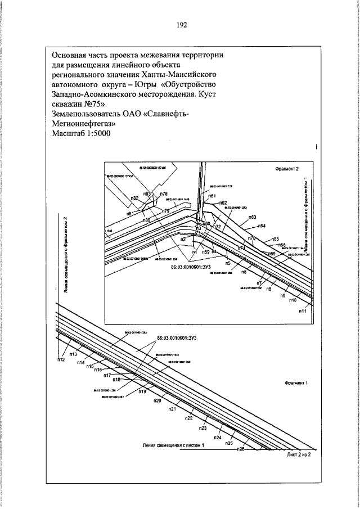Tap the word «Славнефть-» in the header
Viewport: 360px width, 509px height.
[x=169, y=114]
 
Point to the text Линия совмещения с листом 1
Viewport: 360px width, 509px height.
[x=173, y=444]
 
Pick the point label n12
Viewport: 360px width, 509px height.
[x=61, y=360]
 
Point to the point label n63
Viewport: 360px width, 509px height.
[x=252, y=217]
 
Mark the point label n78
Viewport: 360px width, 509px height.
[x=164, y=193]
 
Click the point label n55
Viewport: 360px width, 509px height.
[x=275, y=239]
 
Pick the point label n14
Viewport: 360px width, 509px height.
[x=81, y=363]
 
